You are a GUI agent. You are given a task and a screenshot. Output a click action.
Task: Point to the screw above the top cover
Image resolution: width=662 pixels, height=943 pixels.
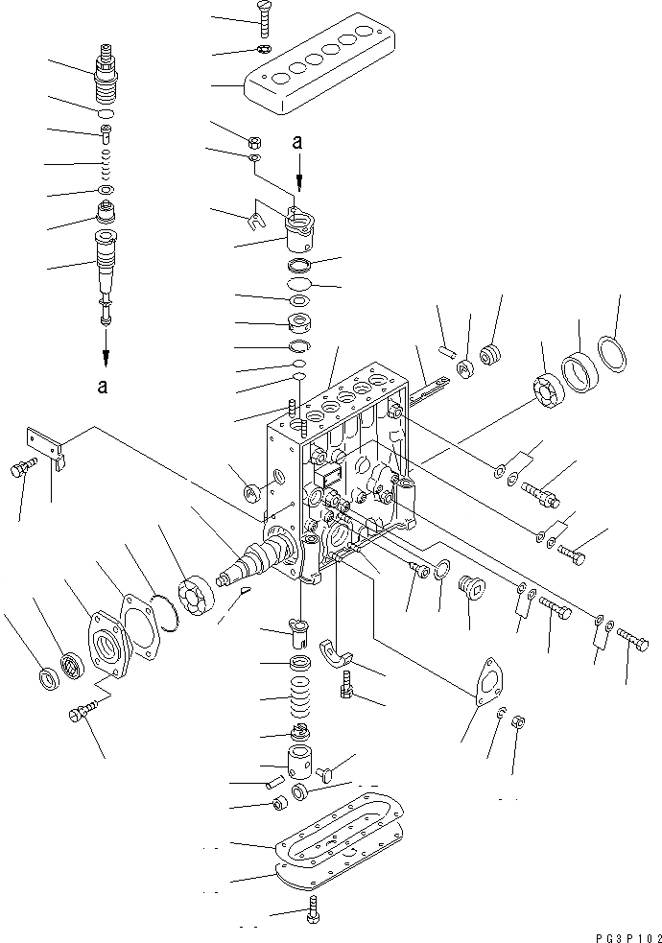coord(265,15)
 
